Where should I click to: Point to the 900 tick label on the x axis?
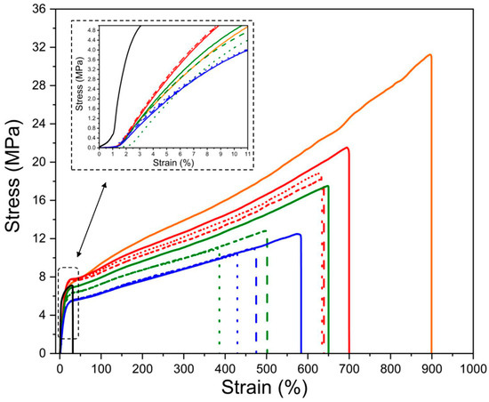(x=431, y=366)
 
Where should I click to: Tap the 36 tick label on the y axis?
(x=38, y=9)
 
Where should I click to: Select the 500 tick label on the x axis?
(x=266, y=366)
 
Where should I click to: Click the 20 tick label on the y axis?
(x=38, y=162)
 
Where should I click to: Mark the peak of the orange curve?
(x=430, y=54)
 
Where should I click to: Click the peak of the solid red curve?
(x=347, y=148)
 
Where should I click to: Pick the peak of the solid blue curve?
(x=298, y=234)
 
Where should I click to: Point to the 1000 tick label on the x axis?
(x=472, y=366)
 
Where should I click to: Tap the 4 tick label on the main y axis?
(x=42, y=315)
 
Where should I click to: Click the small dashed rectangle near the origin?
(x=68, y=302)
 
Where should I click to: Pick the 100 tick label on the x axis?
(x=100, y=366)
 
